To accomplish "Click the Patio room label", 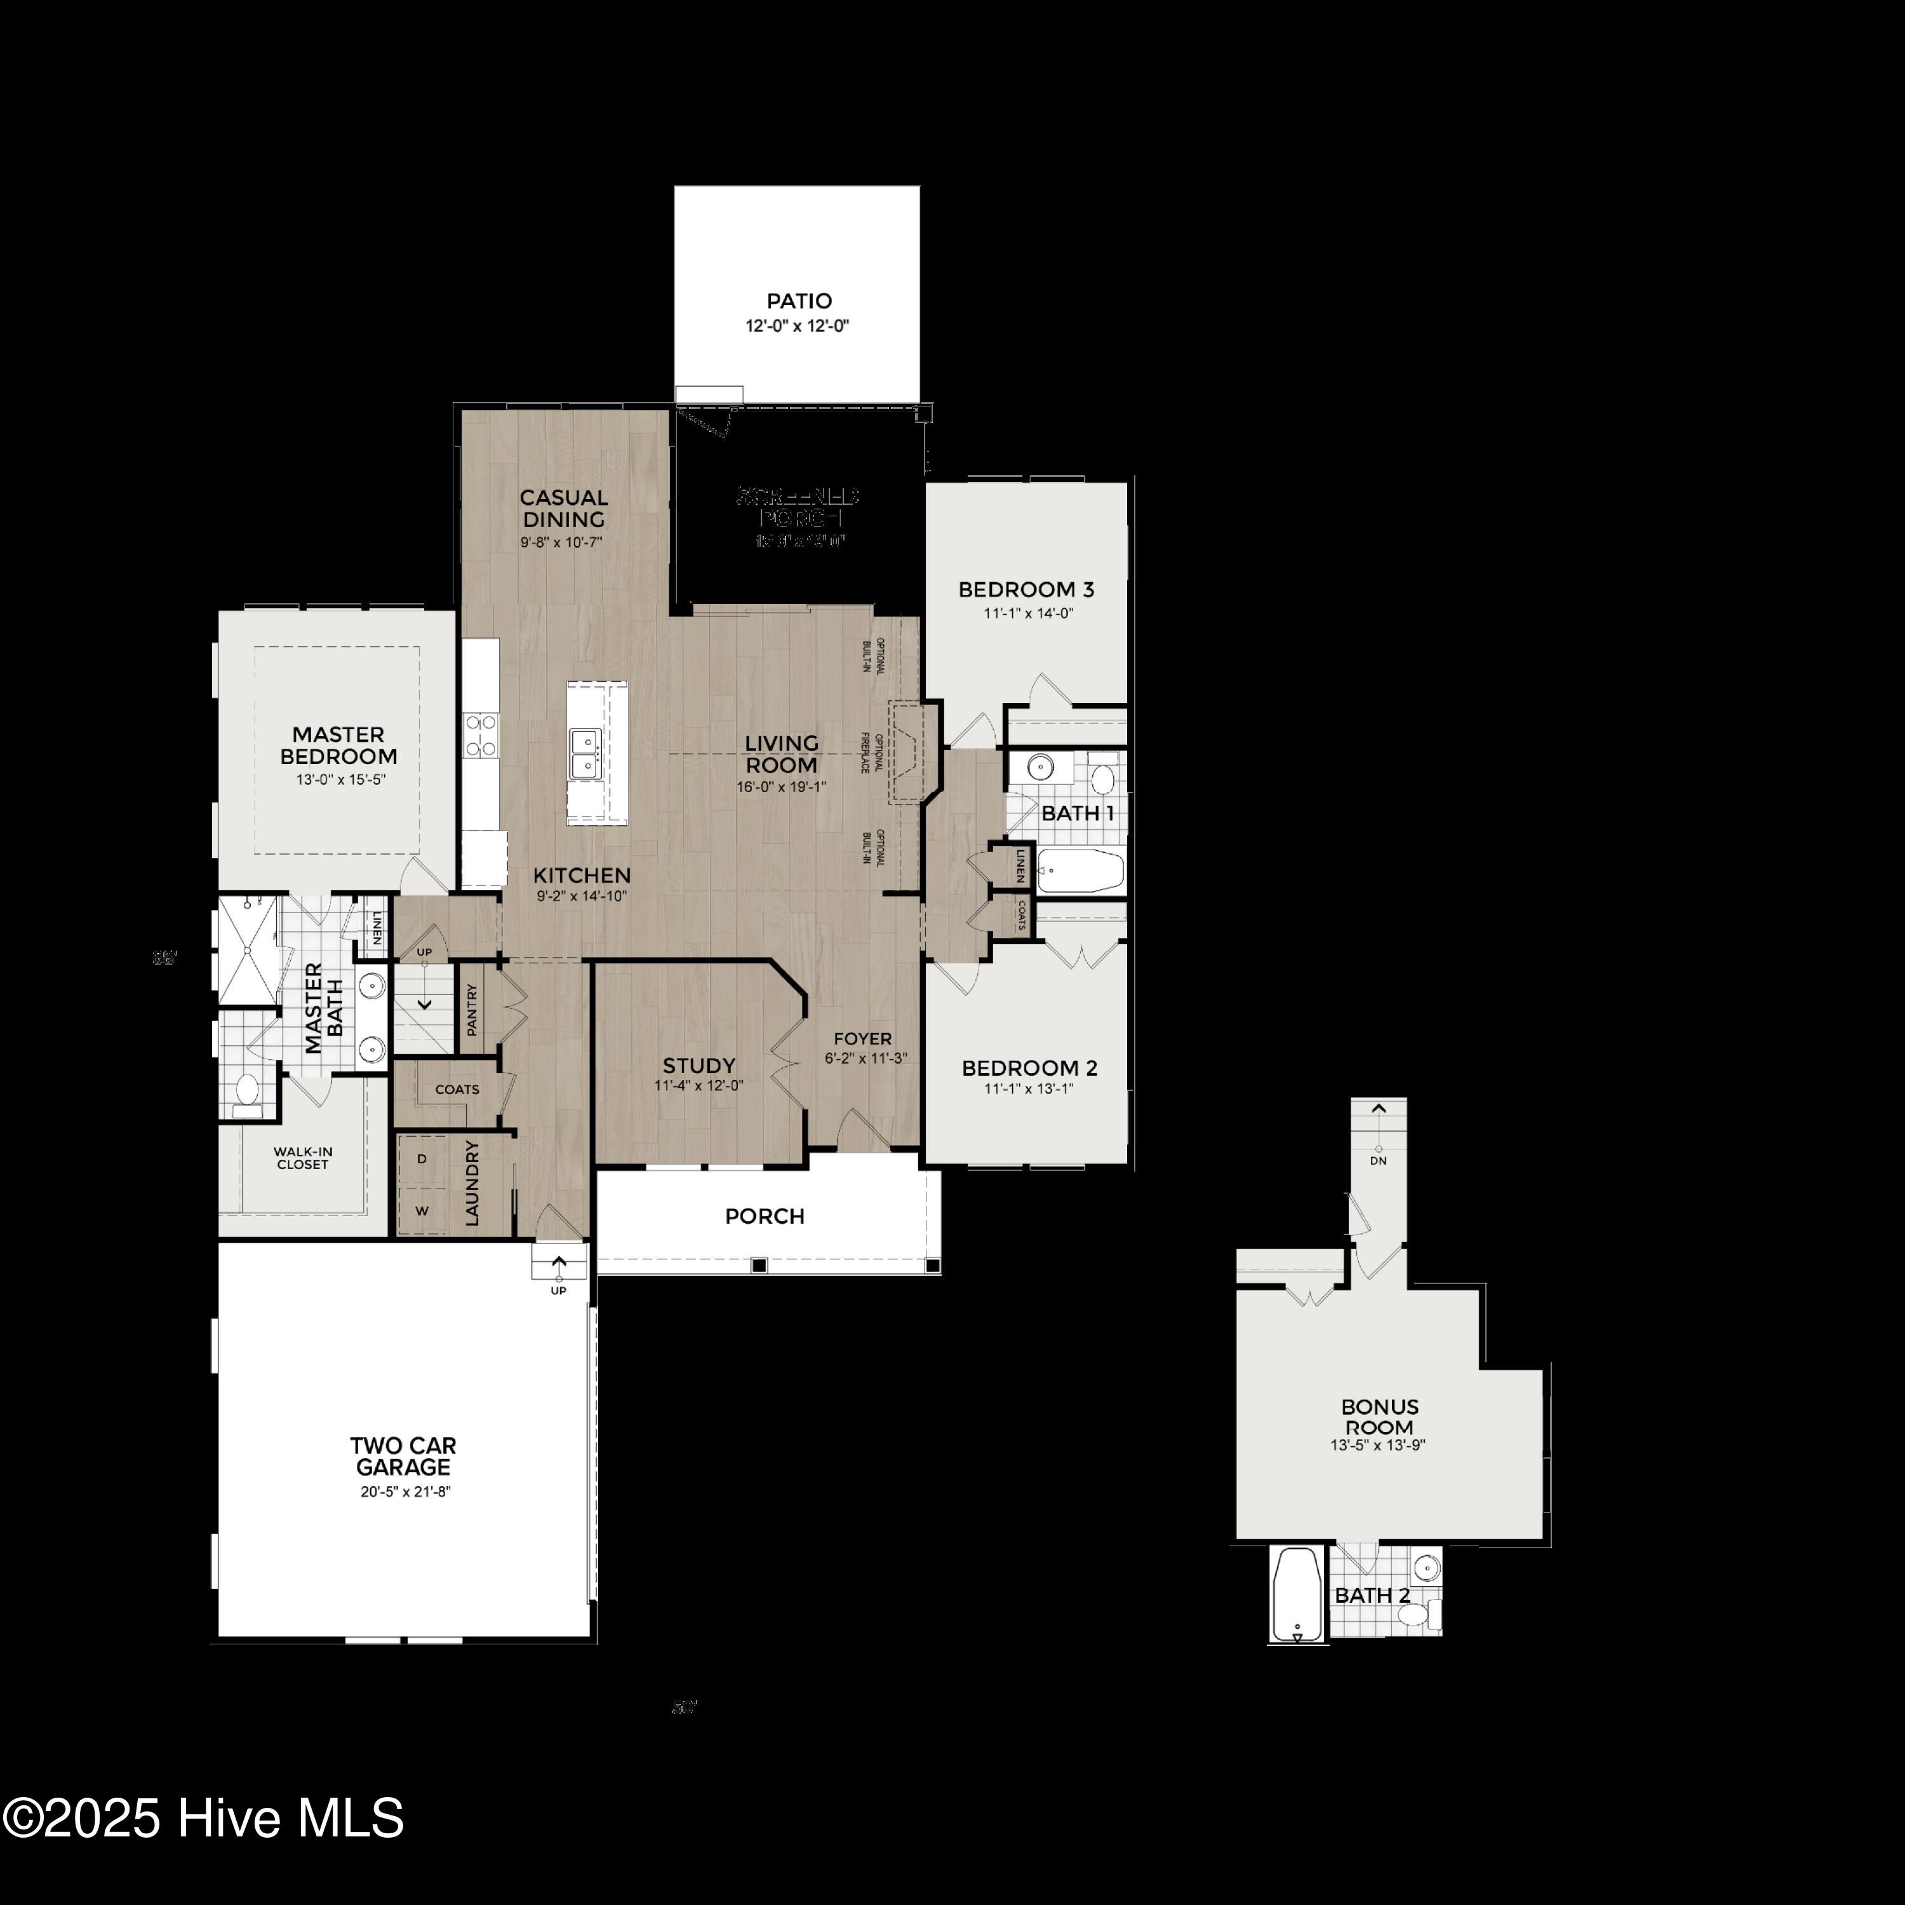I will (799, 301).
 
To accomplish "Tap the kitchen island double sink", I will (583, 753).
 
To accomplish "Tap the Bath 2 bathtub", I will (1297, 1594).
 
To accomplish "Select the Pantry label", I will (471, 1010).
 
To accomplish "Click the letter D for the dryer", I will (422, 1159).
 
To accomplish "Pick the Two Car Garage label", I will (403, 1456).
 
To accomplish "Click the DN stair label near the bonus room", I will (1379, 1161).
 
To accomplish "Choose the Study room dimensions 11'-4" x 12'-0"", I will (698, 1086).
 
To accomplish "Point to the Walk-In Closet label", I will (303, 1158).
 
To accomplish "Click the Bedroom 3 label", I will (1026, 590).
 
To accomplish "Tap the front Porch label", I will (764, 1217).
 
